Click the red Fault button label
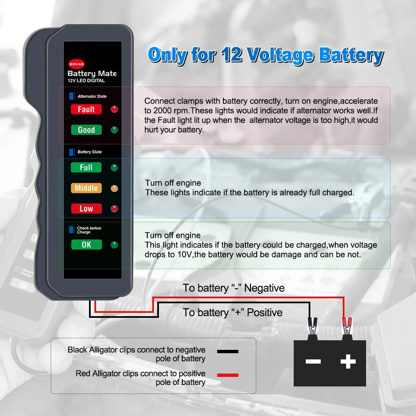tap(86, 109)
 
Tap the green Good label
tap(86, 130)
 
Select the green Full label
tap(86, 168)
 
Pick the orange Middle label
tap(86, 188)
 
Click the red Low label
tap(86, 208)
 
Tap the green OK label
tap(86, 245)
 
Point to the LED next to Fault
tap(114, 109)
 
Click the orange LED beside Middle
tap(114, 188)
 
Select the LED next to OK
tap(114, 245)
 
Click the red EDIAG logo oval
tap(76, 64)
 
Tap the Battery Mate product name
tap(92, 74)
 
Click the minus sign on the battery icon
tap(313, 361)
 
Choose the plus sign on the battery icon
tap(348, 361)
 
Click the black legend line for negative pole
tap(228, 352)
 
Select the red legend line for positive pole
tap(228, 375)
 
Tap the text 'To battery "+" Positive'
tap(233, 312)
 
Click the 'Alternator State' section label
tap(92, 97)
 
